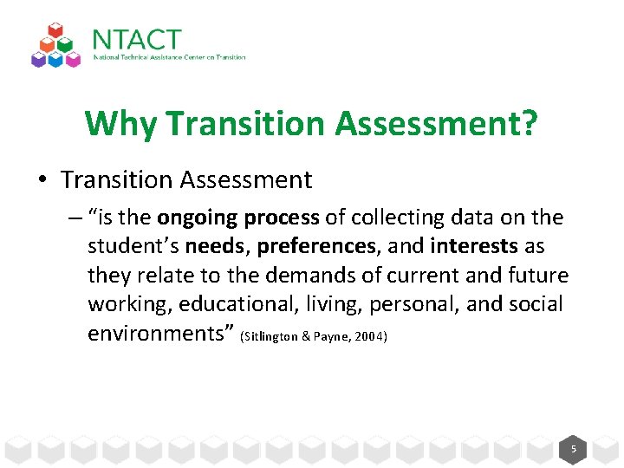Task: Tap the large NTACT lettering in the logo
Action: (x=137, y=40)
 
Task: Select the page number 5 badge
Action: (x=573, y=449)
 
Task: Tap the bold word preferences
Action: (x=316, y=246)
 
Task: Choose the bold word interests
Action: (x=473, y=246)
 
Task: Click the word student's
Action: (x=133, y=246)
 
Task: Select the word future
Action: (x=537, y=276)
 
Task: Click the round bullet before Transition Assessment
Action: (x=42, y=180)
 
